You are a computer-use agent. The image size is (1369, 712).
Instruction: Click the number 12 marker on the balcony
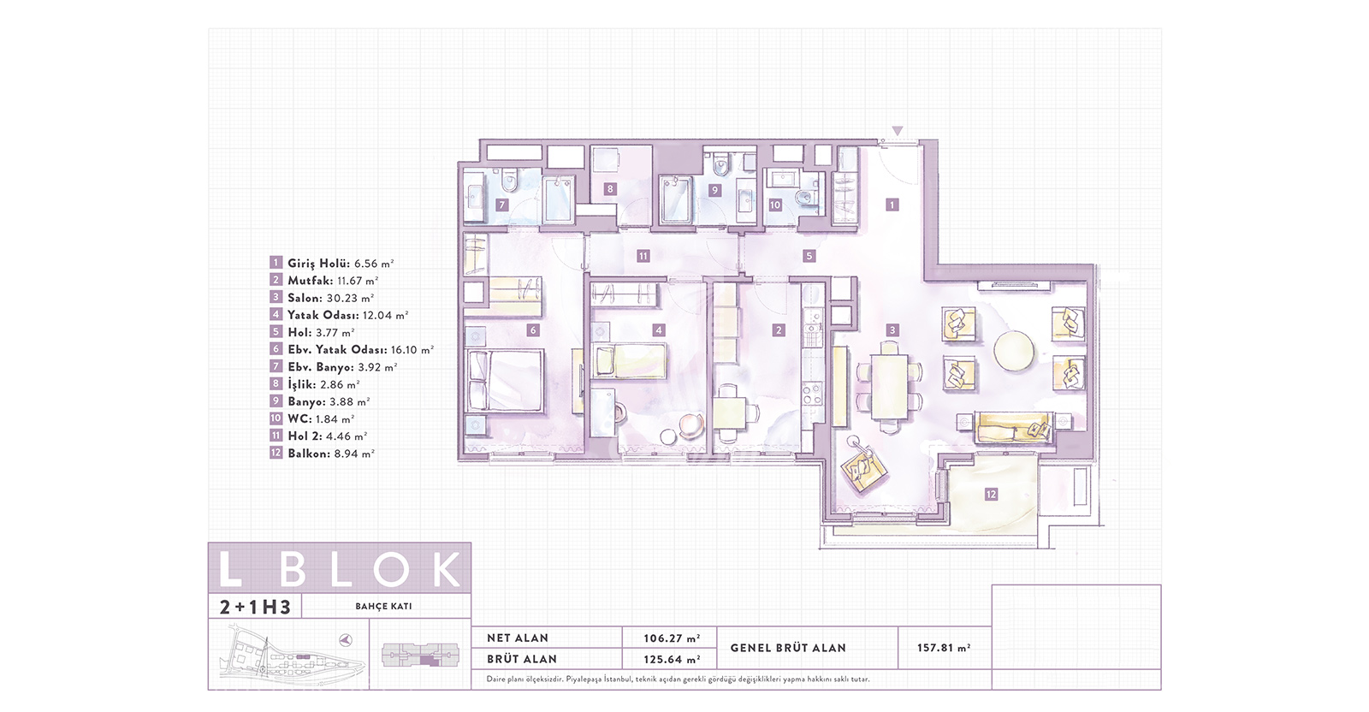[x=991, y=494]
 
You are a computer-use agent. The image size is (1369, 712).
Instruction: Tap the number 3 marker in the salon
[x=892, y=330]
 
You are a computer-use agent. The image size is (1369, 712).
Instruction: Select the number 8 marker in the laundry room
[x=610, y=189]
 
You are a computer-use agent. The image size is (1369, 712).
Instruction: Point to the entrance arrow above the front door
[x=897, y=130]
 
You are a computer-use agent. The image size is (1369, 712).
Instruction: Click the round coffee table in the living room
[x=1014, y=350]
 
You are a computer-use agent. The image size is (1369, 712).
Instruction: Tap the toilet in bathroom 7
[x=508, y=181]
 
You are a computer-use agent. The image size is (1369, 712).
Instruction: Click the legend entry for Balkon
[x=322, y=454]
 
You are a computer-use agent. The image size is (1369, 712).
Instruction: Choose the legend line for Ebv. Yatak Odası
[x=352, y=350]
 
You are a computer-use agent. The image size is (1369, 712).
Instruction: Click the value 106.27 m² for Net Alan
[x=672, y=638]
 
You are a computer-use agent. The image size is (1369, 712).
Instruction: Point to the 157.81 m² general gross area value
[x=945, y=648]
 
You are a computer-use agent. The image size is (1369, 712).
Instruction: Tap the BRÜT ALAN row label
[x=522, y=660]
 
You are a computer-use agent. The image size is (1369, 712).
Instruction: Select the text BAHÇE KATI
[x=384, y=606]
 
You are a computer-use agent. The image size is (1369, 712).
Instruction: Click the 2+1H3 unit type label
[x=255, y=607]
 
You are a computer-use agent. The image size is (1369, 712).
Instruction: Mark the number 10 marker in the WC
[x=775, y=205]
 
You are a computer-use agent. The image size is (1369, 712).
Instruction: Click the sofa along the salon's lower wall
[x=1013, y=427]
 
